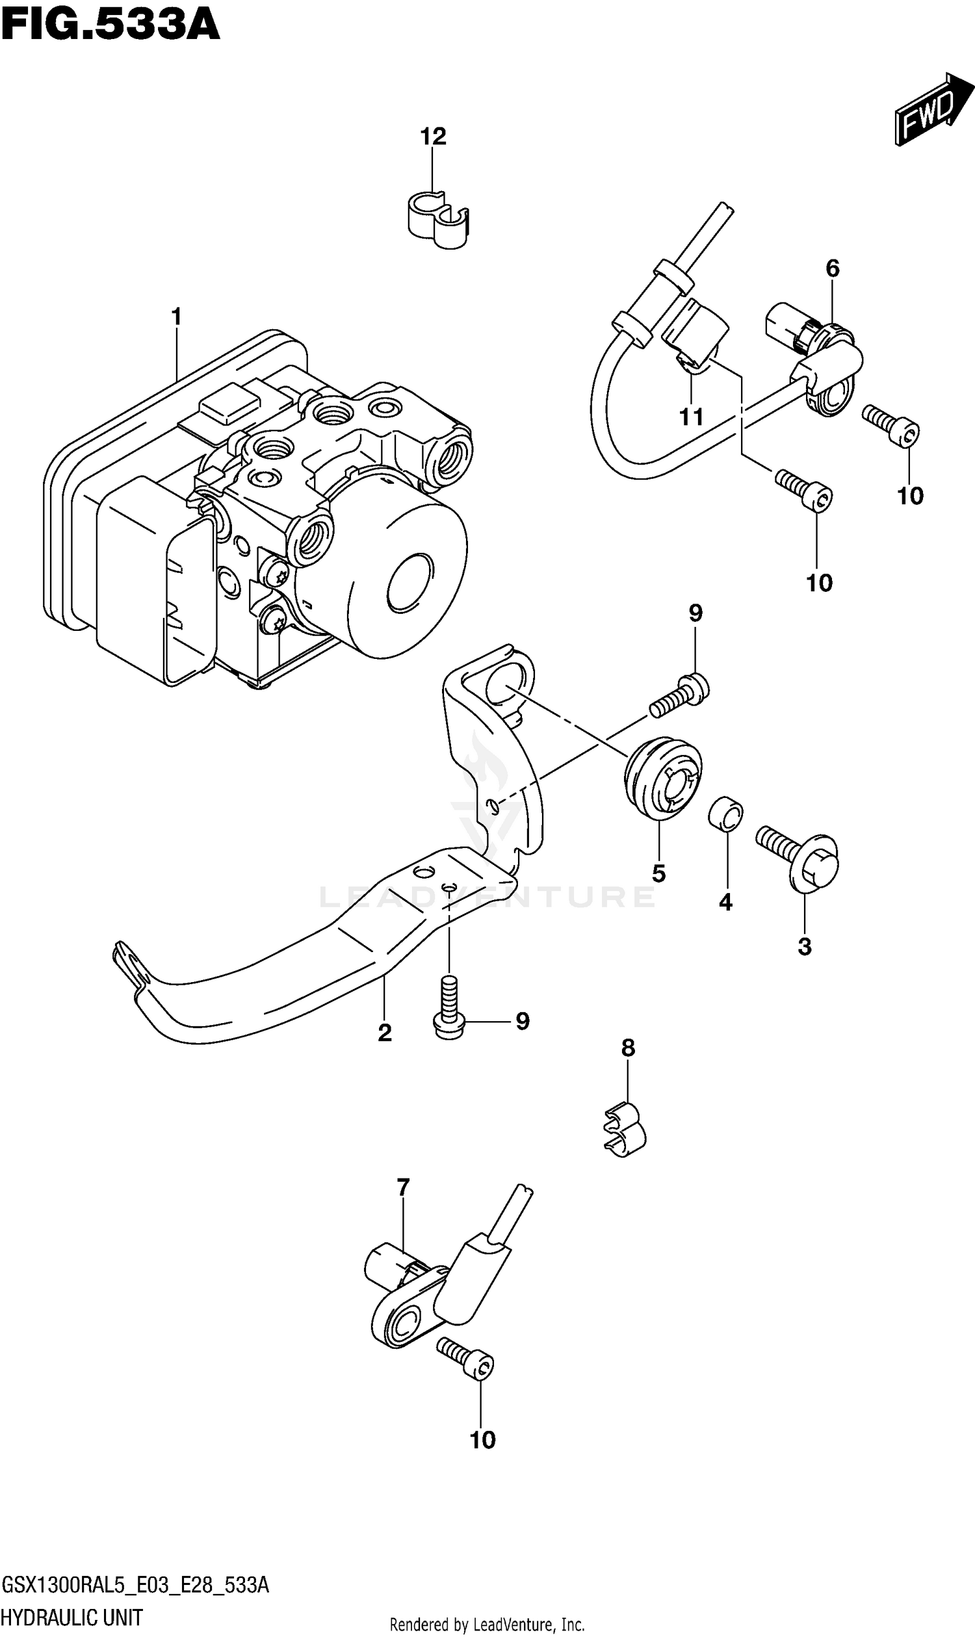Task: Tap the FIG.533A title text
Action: pos(110,25)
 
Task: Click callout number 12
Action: pos(433,137)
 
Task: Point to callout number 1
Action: pos(176,317)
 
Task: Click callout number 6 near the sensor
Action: pos(832,268)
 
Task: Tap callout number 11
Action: pos(691,417)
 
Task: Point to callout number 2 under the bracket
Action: pos(385,1033)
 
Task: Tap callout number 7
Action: pos(403,1188)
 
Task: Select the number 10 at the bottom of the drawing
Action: pos(482,1441)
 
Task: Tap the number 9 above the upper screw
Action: pos(695,613)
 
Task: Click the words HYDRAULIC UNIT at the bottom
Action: pos(72,1617)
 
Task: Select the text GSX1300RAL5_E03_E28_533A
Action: pos(135,1585)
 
